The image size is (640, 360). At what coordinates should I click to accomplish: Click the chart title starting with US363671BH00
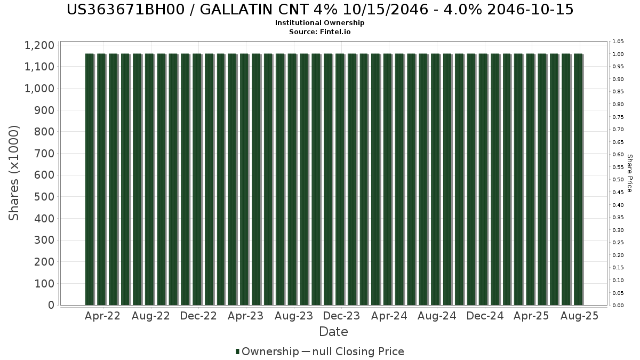pyautogui.click(x=320, y=10)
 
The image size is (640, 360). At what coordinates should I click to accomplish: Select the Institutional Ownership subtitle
pyautogui.click(x=319, y=23)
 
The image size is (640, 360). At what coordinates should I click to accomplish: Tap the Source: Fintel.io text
pyautogui.click(x=319, y=31)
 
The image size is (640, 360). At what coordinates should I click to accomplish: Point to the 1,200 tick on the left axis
pyautogui.click(x=39, y=45)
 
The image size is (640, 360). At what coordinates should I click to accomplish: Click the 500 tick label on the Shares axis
pyautogui.click(x=44, y=197)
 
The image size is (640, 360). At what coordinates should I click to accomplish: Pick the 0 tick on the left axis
pyautogui.click(x=51, y=305)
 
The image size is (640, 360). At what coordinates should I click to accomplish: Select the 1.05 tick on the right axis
pyautogui.click(x=618, y=42)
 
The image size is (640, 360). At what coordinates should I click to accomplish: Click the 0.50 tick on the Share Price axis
pyautogui.click(x=618, y=180)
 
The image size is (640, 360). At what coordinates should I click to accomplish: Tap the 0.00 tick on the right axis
pyautogui.click(x=618, y=306)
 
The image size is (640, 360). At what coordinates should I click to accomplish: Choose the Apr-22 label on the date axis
pyautogui.click(x=102, y=316)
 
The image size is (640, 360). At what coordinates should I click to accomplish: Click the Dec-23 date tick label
pyautogui.click(x=341, y=316)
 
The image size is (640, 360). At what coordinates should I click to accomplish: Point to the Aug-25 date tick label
pyautogui.click(x=579, y=316)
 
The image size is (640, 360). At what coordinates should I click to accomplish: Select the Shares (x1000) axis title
pyautogui.click(x=14, y=173)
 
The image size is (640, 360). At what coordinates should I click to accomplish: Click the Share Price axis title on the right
pyautogui.click(x=629, y=173)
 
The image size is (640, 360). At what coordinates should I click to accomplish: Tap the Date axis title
pyautogui.click(x=333, y=332)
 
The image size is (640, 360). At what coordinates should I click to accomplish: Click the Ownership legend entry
pyautogui.click(x=267, y=351)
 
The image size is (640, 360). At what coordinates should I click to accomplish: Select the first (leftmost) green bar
pyautogui.click(x=90, y=179)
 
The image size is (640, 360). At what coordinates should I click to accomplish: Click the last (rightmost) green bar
pyautogui.click(x=578, y=179)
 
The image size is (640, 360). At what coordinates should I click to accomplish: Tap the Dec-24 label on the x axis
pyautogui.click(x=485, y=316)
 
